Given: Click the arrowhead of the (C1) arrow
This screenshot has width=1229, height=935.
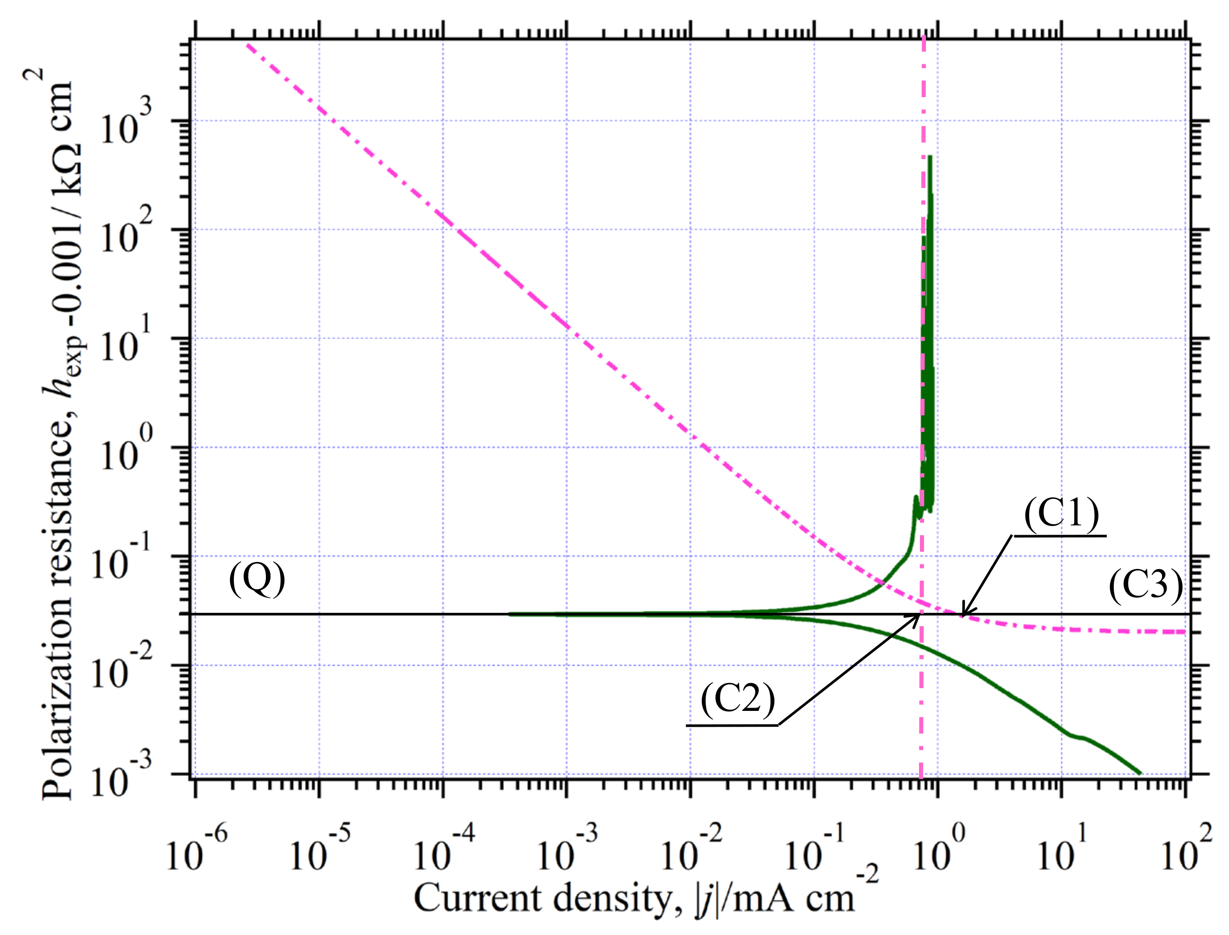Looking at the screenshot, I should coord(963,614).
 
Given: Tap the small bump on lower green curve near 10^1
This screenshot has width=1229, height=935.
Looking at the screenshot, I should coord(1079,737).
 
